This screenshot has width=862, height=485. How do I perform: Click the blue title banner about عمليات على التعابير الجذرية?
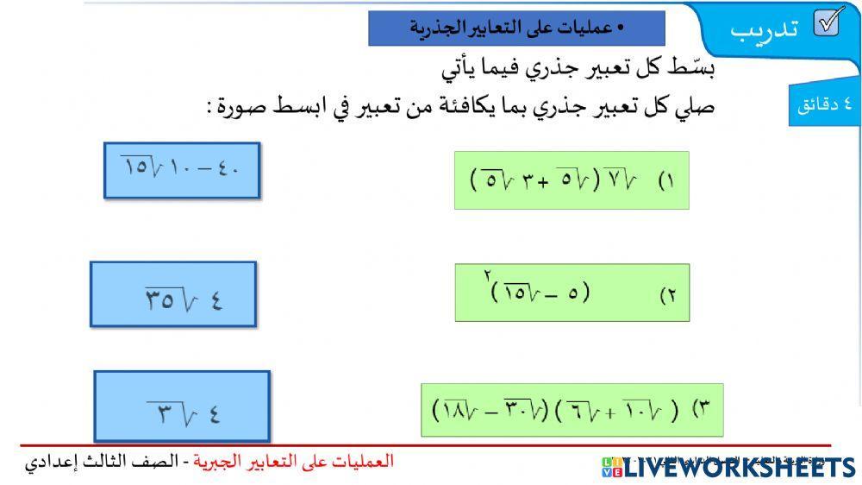pos(516,28)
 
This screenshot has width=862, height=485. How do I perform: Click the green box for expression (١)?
pos(572,180)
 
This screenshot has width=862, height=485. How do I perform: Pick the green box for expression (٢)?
pos(572,293)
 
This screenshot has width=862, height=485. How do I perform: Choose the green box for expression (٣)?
pos(572,409)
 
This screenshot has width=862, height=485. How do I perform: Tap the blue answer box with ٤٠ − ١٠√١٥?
pos(181,170)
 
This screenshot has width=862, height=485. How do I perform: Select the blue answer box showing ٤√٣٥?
pos(173,294)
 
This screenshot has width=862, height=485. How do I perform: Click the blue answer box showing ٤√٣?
pos(182,406)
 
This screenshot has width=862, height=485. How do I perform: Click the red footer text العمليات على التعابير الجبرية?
pos(293,461)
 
